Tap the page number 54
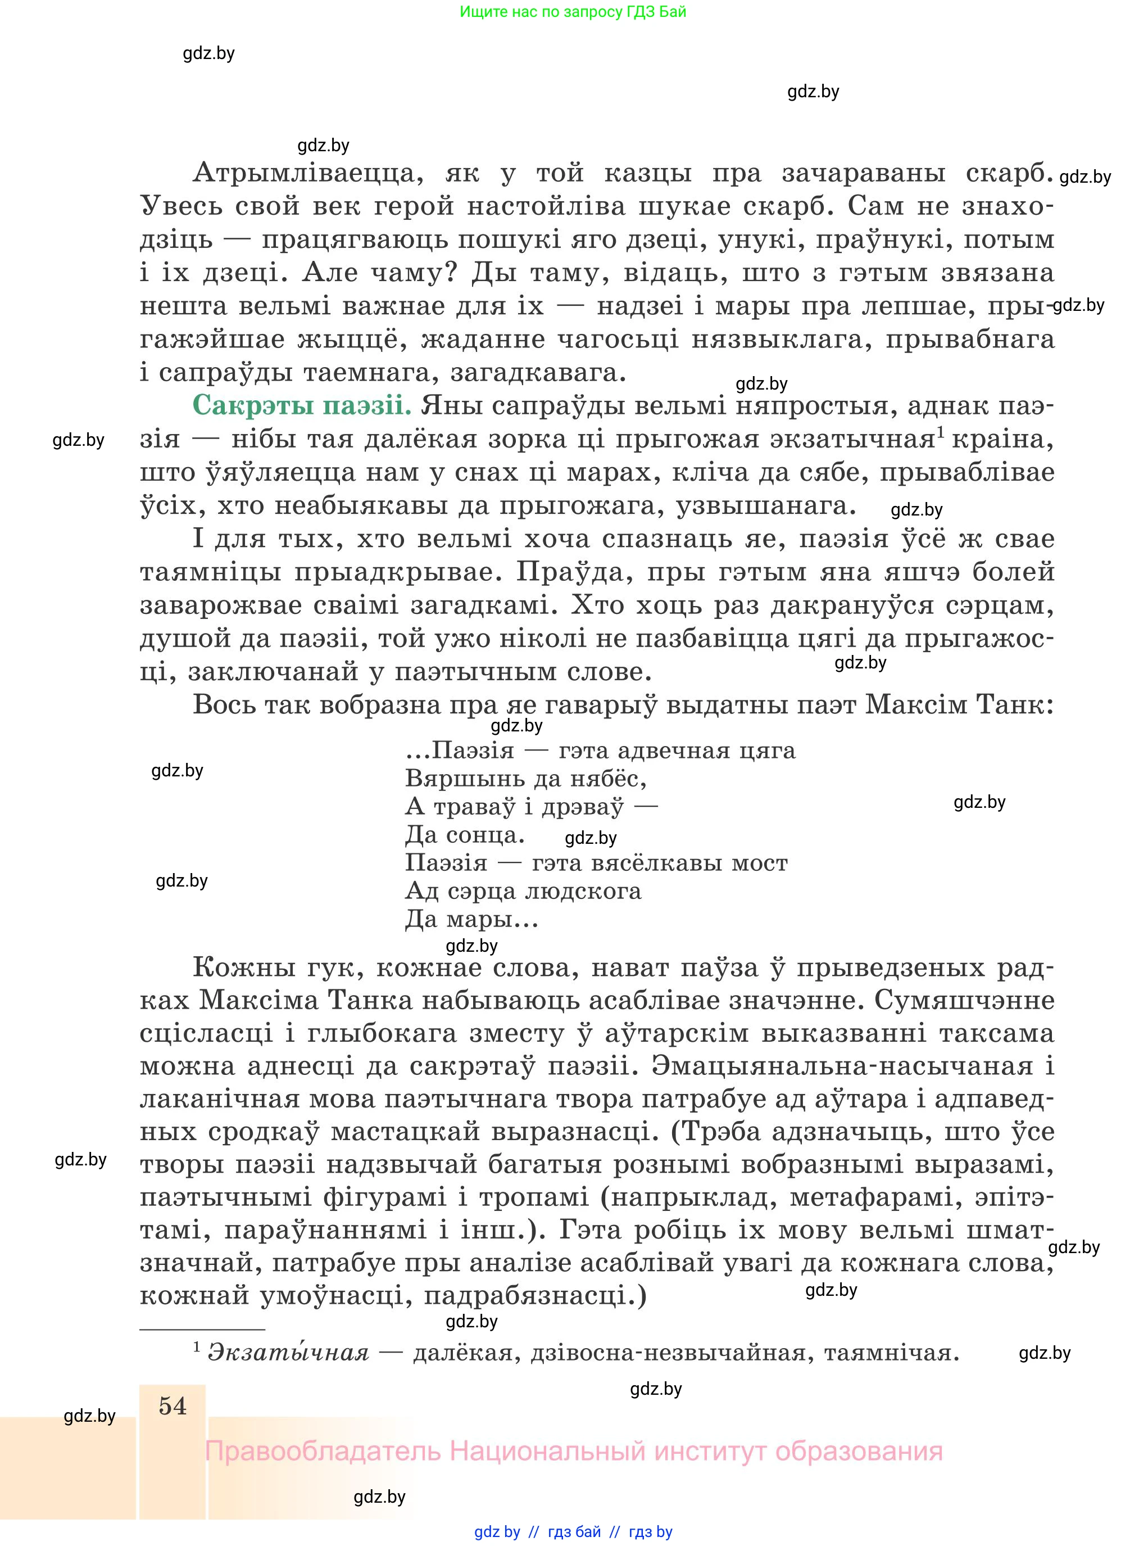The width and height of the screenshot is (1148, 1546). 173,1406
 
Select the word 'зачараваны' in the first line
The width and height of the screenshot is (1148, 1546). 863,173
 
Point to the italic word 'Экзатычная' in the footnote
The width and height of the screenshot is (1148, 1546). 288,1353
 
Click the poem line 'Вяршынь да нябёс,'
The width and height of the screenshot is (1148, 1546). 526,778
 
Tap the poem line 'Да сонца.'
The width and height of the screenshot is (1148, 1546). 465,834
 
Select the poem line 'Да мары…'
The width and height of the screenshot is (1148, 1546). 472,920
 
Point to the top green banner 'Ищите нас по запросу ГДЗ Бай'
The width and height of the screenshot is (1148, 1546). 573,12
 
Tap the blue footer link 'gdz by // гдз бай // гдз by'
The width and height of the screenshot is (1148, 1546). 573,1531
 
